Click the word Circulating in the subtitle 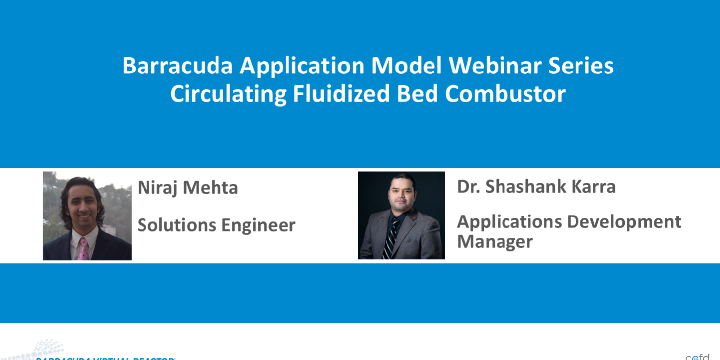tap(228, 94)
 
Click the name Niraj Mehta tap(188, 188)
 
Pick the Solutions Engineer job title tap(216, 225)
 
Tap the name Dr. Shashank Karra tap(536, 187)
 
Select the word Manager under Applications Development tap(495, 242)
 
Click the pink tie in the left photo tap(83, 249)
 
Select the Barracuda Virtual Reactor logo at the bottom tap(99, 354)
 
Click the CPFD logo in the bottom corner tap(698, 356)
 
